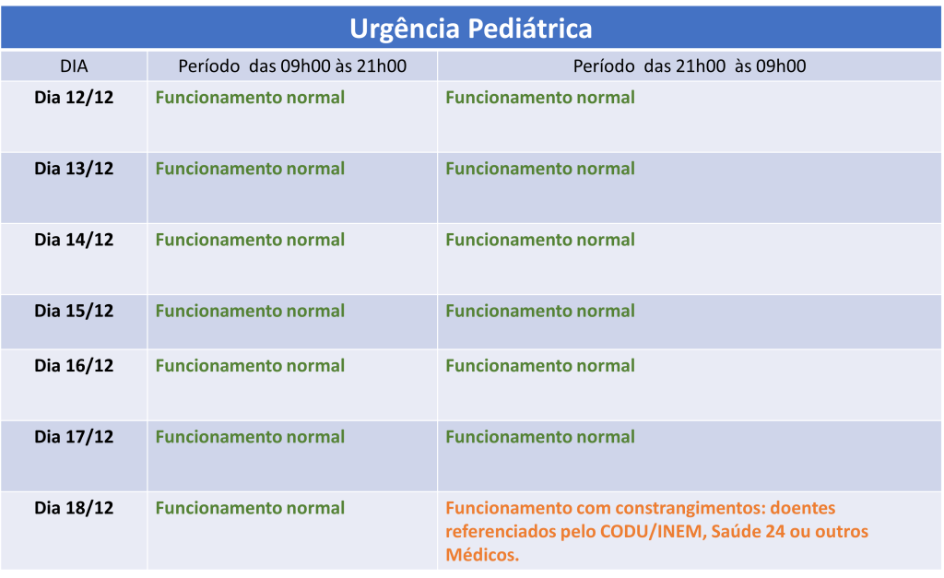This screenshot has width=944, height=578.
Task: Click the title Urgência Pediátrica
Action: [x=471, y=29]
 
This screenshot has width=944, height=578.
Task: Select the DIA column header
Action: [x=74, y=66]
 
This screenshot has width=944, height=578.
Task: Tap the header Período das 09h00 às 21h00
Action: [x=292, y=66]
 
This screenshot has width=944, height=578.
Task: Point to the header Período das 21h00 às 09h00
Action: [x=690, y=66]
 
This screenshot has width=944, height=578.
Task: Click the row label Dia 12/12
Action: [x=74, y=98]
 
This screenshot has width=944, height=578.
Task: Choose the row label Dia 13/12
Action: [x=74, y=169]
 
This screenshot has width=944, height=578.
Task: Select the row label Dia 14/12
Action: [x=74, y=240]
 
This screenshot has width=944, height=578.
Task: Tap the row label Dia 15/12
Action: [x=74, y=311]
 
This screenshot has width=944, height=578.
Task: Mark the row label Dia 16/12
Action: [x=74, y=365]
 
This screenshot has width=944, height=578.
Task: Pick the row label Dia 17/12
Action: [x=74, y=437]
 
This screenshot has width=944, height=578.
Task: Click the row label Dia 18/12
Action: [x=74, y=508]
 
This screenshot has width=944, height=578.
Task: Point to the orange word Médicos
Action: [x=482, y=555]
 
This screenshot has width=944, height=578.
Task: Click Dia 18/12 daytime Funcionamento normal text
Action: [x=250, y=508]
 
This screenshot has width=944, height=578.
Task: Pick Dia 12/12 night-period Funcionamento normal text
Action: [x=540, y=98]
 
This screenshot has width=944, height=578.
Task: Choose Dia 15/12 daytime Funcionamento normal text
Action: [x=250, y=311]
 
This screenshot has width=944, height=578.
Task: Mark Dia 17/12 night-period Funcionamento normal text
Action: [x=540, y=437]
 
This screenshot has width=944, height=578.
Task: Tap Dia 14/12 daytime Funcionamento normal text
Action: [x=250, y=240]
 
